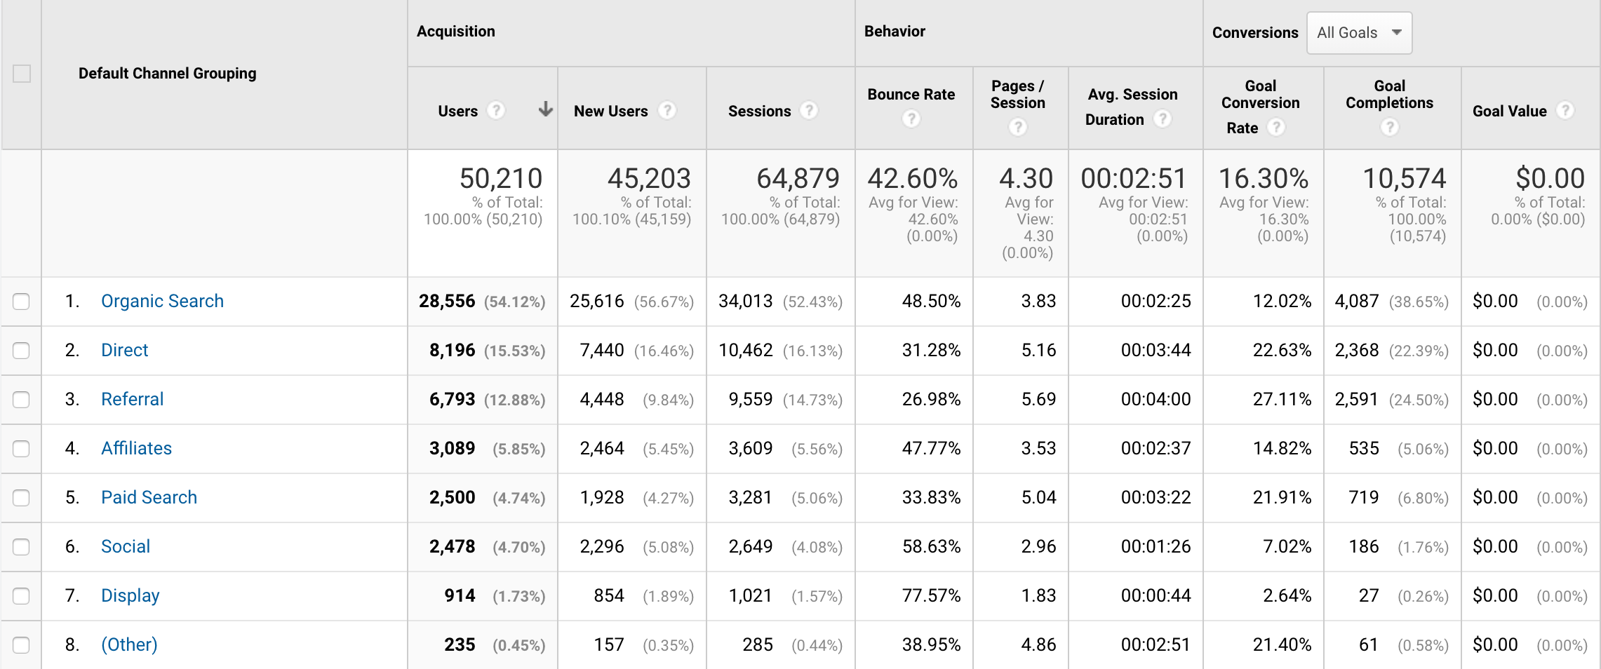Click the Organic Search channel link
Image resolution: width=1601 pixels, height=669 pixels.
pos(162,301)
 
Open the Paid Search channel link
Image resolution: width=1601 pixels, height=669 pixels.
pos(149,497)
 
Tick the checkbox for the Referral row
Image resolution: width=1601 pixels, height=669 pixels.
pos(21,400)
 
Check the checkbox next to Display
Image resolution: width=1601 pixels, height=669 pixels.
pos(21,596)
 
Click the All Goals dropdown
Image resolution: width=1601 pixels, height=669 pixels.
pos(1358,33)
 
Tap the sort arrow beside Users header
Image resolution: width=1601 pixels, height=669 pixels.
pos(545,109)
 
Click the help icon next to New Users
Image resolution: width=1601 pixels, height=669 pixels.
pos(667,111)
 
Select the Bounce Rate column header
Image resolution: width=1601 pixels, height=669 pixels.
pos(911,95)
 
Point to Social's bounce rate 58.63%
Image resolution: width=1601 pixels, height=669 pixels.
pos(931,546)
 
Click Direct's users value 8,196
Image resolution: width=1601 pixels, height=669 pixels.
pos(452,350)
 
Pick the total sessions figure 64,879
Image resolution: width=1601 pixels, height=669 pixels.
pos(798,178)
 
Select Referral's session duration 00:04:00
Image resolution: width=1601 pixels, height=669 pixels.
pos(1155,399)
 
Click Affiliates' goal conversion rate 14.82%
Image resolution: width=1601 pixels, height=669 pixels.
pos(1282,448)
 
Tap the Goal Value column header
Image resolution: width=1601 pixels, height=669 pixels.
pos(1509,111)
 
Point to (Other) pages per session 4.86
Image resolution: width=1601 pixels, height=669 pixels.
pos(1038,644)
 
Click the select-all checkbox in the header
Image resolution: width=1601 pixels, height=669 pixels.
pos(22,74)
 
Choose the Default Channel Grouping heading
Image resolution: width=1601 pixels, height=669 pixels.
pos(167,74)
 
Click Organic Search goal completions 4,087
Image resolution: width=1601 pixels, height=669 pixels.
pos(1356,301)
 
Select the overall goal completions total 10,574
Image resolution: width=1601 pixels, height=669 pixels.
pos(1404,178)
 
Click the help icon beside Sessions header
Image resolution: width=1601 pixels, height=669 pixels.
pos(809,111)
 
